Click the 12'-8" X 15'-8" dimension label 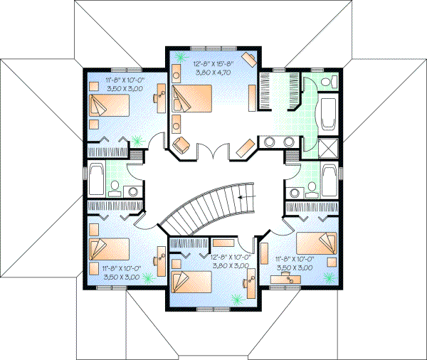214,63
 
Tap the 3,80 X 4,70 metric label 214,72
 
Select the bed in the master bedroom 194,96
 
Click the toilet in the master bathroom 326,83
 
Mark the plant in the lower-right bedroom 329,272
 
